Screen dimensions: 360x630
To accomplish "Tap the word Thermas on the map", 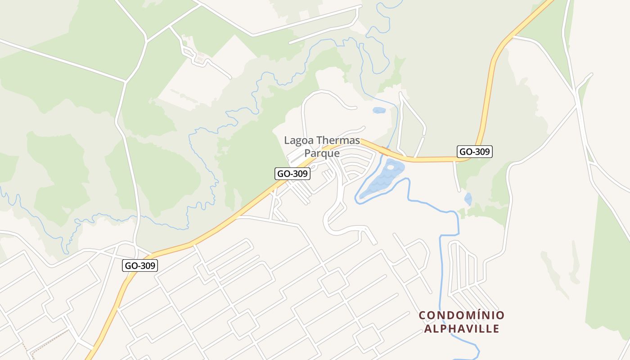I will [338, 140].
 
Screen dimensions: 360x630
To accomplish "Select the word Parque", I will [322, 153].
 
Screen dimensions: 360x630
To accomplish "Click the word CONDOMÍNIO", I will [462, 315].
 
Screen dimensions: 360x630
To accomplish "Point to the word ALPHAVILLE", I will [462, 328].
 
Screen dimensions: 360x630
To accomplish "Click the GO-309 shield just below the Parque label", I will [292, 174].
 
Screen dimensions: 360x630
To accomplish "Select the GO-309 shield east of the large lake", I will [475, 152].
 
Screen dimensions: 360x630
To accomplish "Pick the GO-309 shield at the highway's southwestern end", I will [140, 265].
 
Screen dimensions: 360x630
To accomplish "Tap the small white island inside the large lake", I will [390, 167].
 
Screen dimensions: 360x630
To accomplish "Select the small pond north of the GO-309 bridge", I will [379, 110].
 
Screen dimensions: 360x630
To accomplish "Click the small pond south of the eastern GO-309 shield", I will [468, 198].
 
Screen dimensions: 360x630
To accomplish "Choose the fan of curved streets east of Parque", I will [358, 164].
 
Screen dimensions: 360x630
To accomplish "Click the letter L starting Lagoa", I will [287, 140].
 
